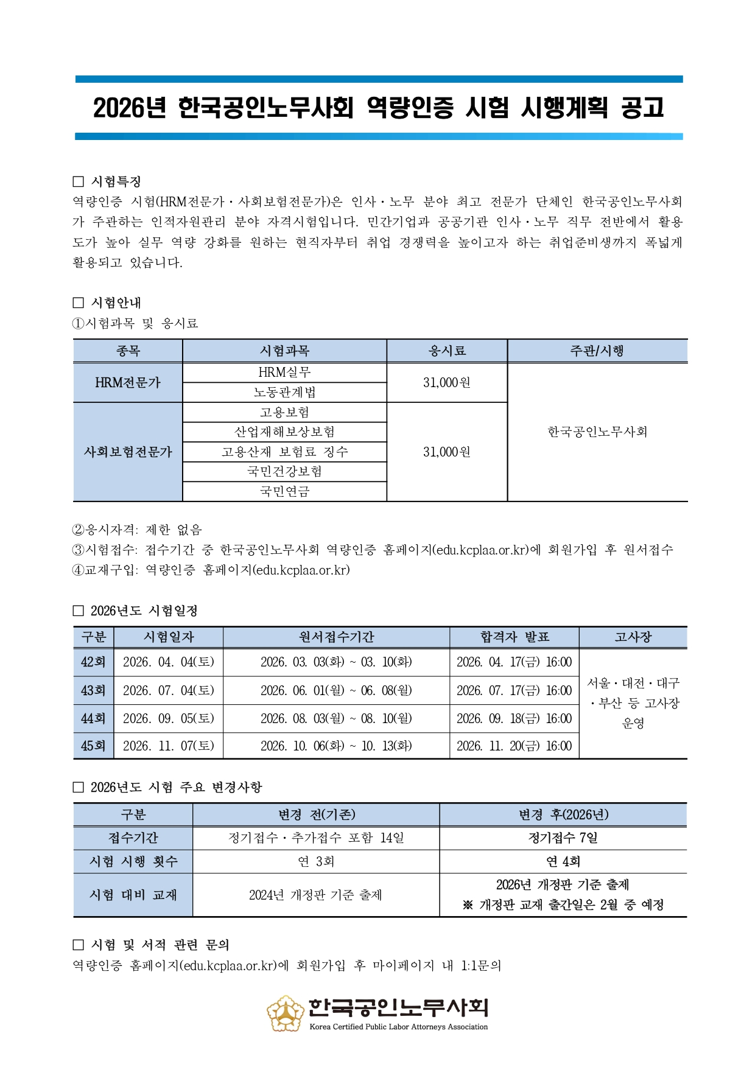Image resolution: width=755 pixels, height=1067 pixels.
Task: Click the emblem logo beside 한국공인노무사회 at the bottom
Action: click(286, 1013)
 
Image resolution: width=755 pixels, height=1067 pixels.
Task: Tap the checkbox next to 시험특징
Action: click(78, 181)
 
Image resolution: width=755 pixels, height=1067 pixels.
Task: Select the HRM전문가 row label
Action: click(128, 383)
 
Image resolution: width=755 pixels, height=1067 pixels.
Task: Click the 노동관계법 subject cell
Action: click(284, 393)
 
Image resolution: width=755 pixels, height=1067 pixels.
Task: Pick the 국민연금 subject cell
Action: click(284, 491)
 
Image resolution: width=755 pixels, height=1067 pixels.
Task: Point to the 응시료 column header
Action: click(447, 351)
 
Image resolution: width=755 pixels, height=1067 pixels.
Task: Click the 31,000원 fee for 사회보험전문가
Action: click(447, 452)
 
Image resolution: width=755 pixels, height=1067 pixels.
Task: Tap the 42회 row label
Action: click(93, 662)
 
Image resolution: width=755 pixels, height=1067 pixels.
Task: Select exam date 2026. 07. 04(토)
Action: click(168, 690)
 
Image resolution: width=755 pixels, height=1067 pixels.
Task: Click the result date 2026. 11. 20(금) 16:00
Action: click(514, 746)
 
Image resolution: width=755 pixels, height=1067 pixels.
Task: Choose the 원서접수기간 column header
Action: click(336, 637)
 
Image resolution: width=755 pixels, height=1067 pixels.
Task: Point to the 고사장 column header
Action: click(633, 637)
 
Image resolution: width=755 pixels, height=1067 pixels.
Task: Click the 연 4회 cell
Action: click(563, 861)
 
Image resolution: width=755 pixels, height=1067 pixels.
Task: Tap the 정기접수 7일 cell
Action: click(563, 838)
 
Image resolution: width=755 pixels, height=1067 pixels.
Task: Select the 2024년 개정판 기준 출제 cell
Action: click(315, 895)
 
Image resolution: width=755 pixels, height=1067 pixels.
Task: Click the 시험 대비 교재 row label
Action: click(133, 895)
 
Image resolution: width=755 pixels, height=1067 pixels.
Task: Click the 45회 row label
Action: click(93, 746)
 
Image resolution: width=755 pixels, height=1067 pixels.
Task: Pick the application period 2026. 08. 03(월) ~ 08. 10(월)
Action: click(336, 718)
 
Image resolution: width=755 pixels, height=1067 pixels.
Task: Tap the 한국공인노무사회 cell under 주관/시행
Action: click(597, 432)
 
